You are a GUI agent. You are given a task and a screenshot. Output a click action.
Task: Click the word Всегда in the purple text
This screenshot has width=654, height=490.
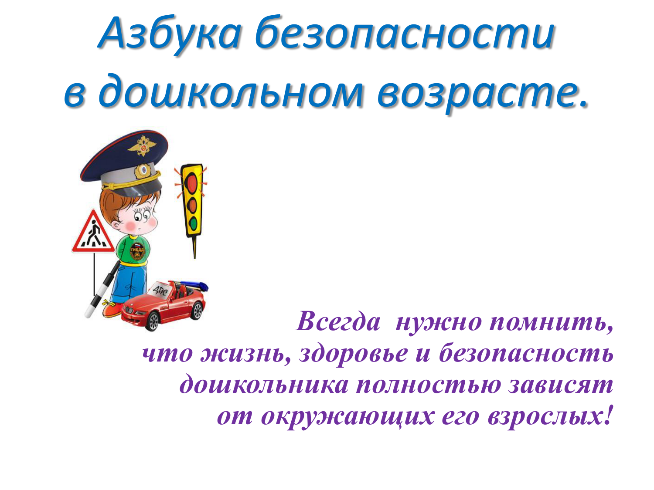pos(338,322)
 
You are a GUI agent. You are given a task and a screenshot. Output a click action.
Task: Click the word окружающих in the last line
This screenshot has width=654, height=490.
pos(347,416)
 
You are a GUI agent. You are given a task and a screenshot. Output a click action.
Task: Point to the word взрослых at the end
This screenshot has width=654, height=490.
pos(550,416)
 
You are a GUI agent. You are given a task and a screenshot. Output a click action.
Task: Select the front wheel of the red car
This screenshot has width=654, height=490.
pos(153,321)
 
